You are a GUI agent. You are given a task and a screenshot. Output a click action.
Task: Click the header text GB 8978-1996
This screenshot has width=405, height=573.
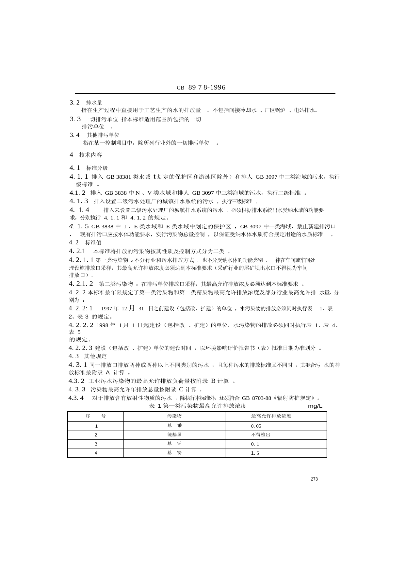201,88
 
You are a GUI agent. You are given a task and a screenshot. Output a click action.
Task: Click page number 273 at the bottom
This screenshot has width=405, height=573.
314,479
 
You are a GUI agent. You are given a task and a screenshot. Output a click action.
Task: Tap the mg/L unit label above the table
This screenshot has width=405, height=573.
315,406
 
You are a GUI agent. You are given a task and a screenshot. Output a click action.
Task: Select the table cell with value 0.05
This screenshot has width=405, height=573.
256,426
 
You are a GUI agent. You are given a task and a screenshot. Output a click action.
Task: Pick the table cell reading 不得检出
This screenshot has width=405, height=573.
261,435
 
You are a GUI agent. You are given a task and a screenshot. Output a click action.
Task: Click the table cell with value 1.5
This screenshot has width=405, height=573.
255,453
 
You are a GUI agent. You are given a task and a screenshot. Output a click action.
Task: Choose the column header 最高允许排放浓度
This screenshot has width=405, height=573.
271,416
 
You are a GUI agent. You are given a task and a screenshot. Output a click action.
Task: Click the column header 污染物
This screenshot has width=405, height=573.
174,416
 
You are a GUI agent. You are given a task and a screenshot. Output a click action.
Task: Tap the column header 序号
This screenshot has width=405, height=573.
96,416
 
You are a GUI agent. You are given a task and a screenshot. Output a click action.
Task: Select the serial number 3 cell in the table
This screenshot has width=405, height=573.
96,444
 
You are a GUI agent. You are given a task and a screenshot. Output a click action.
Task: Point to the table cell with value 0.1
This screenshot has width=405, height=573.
255,444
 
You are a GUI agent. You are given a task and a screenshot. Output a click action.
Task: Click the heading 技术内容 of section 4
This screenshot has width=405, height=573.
90,155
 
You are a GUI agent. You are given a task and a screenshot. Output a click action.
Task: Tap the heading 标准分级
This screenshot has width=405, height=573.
97,168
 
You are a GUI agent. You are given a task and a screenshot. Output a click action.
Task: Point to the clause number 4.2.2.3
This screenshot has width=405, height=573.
80,348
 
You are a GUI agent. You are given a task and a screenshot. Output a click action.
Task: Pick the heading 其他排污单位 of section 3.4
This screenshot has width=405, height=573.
103,135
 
